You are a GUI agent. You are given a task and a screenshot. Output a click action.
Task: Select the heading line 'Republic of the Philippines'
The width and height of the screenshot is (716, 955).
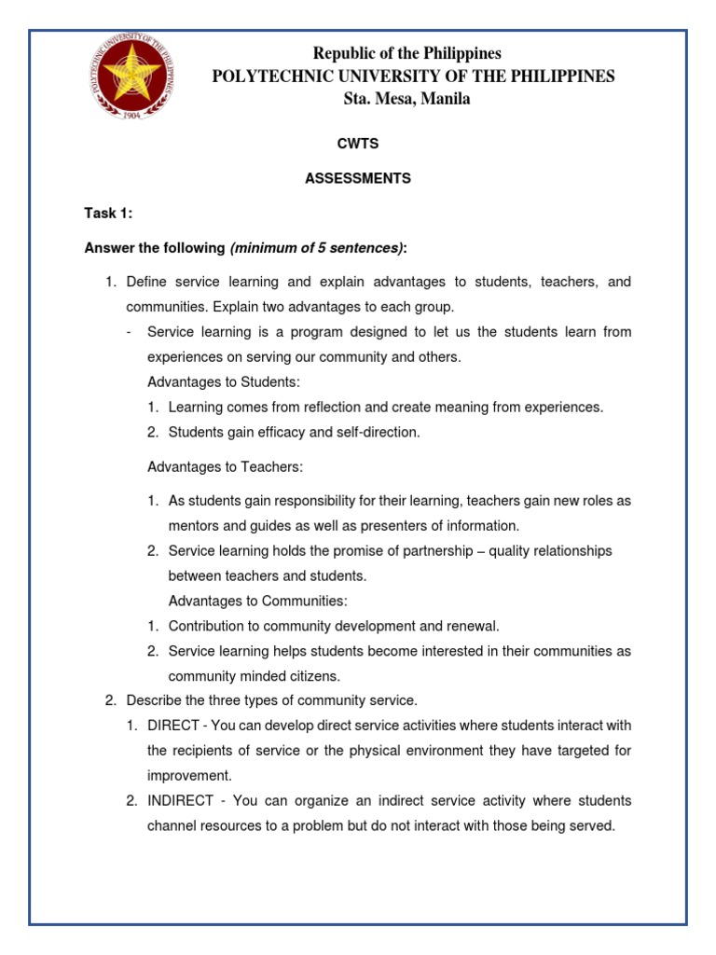click(406, 53)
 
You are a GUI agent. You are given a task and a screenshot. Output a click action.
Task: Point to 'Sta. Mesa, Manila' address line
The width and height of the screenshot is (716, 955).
click(406, 99)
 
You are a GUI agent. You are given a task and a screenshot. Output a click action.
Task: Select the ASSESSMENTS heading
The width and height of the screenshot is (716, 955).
click(357, 178)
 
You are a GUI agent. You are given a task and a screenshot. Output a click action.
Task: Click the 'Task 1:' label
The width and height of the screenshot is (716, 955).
click(108, 214)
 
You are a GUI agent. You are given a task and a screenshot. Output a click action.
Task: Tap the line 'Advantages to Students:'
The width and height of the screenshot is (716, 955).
click(224, 382)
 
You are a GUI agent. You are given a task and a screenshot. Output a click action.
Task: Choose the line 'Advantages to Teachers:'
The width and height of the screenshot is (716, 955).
click(226, 466)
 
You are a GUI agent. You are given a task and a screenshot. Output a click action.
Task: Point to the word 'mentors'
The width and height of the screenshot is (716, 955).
click(193, 525)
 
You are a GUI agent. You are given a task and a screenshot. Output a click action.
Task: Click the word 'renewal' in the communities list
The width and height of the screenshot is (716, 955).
click(477, 626)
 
